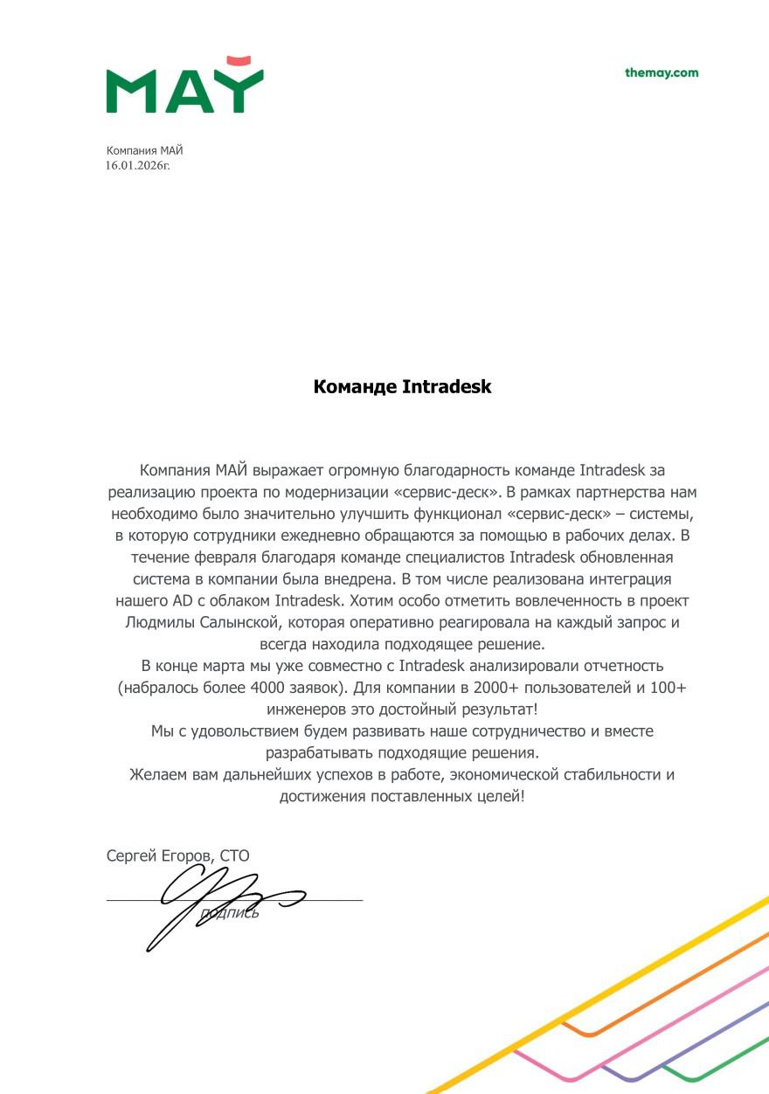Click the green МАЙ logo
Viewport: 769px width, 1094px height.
point(184,91)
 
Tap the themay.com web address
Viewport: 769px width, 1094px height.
point(662,73)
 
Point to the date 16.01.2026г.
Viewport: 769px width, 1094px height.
point(138,164)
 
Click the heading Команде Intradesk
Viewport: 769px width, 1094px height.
point(402,386)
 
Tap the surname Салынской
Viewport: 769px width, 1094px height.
point(237,622)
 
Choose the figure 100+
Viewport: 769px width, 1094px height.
point(667,688)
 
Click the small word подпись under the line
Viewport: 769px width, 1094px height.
point(230,913)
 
